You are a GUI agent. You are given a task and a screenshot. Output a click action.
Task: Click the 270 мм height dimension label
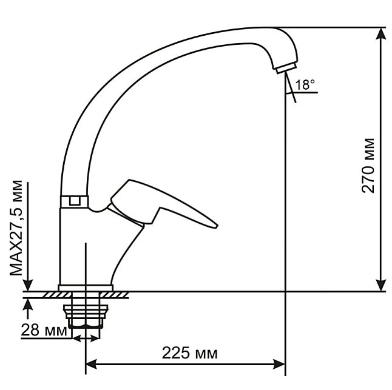coord(368,166)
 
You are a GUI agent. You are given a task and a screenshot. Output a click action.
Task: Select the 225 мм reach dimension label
coord(190,353)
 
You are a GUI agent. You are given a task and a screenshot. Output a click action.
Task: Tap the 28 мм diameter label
coord(44,330)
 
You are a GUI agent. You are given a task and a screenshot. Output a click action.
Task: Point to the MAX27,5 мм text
coord(16,227)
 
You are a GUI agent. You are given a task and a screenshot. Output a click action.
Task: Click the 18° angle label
coord(305,85)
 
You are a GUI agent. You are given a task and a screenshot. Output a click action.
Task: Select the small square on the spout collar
coord(74,201)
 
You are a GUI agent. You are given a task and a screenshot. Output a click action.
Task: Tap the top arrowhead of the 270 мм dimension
coord(380,33)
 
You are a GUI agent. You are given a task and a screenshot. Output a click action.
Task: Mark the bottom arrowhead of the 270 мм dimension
coord(380,285)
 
